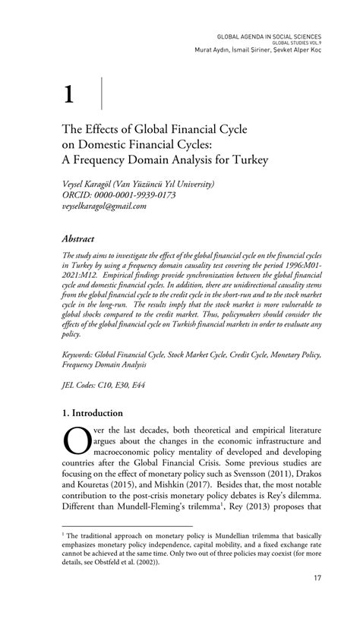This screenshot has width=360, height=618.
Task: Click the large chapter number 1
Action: (69, 95)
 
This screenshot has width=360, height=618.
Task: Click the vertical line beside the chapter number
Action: (102, 93)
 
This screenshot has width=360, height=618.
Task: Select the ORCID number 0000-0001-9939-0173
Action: (139, 195)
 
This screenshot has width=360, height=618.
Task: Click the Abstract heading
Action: (84, 238)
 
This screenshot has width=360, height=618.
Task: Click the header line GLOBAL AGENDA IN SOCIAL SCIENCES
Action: (270, 36)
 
